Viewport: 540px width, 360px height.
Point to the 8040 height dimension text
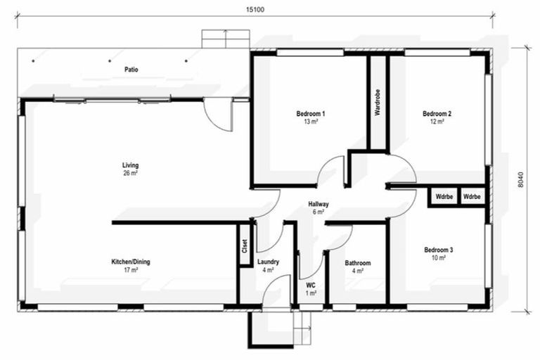pyautogui.click(x=520, y=181)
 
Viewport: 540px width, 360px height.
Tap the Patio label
pyautogui.click(x=131, y=70)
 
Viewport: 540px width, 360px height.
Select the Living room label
pyautogui.click(x=130, y=165)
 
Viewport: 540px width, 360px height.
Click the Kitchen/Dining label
pyautogui.click(x=131, y=262)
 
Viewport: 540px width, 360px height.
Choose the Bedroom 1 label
pyautogui.click(x=311, y=114)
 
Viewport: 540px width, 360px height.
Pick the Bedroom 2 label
pyautogui.click(x=437, y=114)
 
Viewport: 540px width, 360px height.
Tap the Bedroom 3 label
pyautogui.click(x=438, y=250)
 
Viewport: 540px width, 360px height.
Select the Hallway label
pyautogui.click(x=319, y=204)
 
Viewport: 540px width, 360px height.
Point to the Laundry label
pyautogui.click(x=269, y=262)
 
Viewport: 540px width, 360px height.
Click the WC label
pyautogui.click(x=311, y=285)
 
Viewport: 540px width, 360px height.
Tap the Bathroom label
pyautogui.click(x=357, y=263)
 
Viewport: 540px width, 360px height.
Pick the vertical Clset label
pyautogui.click(x=245, y=245)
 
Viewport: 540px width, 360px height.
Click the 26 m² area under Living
pyautogui.click(x=130, y=173)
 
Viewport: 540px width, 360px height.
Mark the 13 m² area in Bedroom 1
pyautogui.click(x=311, y=122)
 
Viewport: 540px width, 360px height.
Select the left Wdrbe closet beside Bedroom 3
pyautogui.click(x=444, y=196)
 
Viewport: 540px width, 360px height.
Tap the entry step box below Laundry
pyautogui.click(x=269, y=328)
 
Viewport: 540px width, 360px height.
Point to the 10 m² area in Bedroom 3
pyautogui.click(x=438, y=258)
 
